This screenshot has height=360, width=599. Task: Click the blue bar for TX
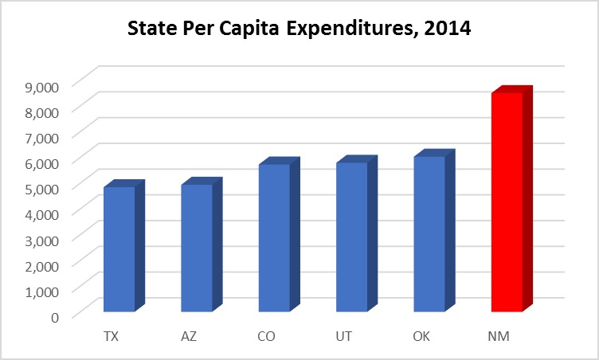pos(119,248)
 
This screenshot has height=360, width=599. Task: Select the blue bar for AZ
pos(196,248)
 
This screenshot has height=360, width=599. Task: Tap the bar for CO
pos(274,237)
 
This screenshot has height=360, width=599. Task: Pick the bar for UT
pos(351,237)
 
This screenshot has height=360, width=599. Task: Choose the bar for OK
pos(429,233)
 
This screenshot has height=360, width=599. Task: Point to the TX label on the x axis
pos(112,335)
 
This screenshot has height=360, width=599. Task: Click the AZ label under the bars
pos(189,335)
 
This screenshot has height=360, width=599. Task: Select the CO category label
pos(267,335)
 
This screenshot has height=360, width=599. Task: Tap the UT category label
pos(344,335)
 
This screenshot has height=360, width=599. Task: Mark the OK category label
pos(422,335)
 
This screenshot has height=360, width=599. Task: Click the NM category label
pos(499,335)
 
